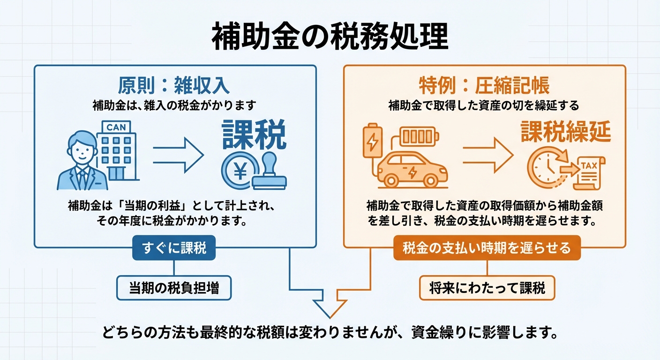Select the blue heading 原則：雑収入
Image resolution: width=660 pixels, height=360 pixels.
point(174,86)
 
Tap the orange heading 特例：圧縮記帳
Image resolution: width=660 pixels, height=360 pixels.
point(484,86)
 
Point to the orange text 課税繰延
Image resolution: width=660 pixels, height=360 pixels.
point(566,133)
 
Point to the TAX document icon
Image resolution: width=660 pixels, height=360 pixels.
point(589,172)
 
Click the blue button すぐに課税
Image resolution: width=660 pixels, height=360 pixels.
point(174,248)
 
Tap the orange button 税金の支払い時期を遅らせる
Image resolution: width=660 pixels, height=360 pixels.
point(487,247)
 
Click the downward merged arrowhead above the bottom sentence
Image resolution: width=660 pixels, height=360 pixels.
point(330,307)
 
